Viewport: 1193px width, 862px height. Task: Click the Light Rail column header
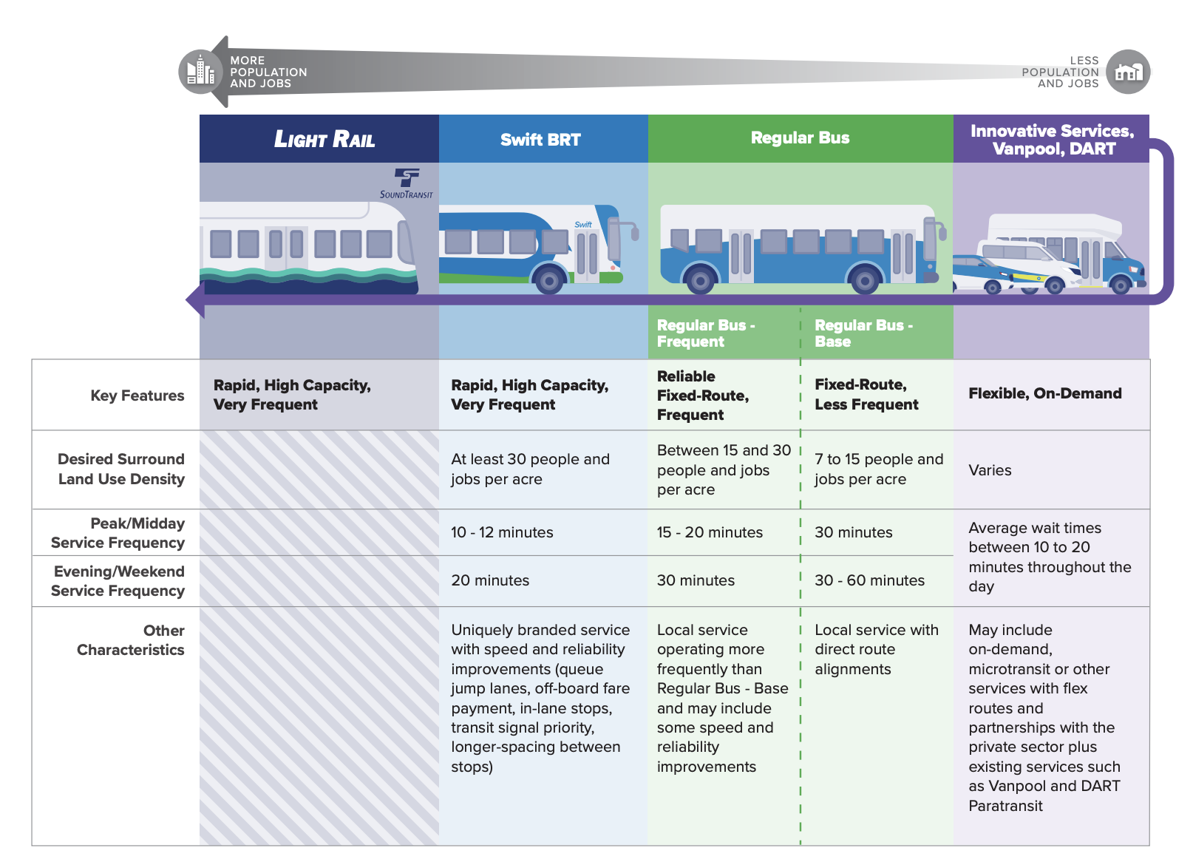coord(324,139)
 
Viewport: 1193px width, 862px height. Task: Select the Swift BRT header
coord(540,140)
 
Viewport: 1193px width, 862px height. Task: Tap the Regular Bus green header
coord(800,138)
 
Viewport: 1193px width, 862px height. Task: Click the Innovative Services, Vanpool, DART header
coord(1051,140)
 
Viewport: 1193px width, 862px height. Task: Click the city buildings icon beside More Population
coord(200,72)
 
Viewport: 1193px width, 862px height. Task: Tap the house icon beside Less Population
coord(1128,72)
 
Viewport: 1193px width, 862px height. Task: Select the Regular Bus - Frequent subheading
coord(705,333)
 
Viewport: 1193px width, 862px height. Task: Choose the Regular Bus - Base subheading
coord(863,333)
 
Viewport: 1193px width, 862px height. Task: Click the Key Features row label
coord(137,396)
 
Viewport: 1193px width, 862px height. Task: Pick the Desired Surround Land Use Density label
coord(121,469)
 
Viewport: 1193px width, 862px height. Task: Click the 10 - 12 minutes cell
coord(502,532)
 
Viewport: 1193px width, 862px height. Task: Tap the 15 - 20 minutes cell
coord(710,532)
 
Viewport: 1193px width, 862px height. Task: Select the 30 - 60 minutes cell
coord(869,580)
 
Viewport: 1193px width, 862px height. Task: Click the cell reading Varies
coord(990,470)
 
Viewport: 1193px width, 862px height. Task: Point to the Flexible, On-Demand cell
coord(1044,393)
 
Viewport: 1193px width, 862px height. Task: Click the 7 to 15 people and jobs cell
coord(878,469)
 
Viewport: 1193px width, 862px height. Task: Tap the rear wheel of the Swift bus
coord(549,280)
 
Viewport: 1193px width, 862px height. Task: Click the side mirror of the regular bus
coord(941,231)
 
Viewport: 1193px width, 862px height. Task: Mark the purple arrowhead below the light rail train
coord(195,300)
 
